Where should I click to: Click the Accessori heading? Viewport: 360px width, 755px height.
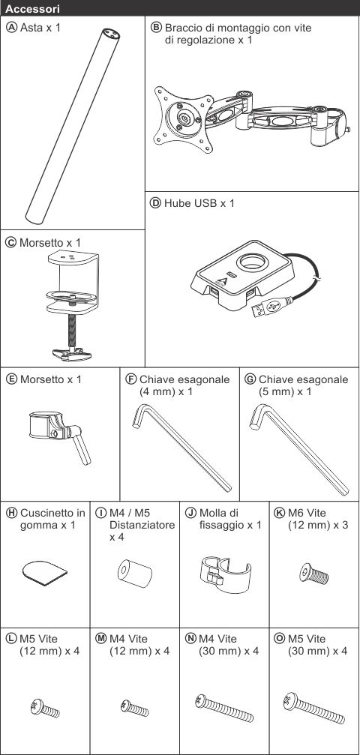coord(32,9)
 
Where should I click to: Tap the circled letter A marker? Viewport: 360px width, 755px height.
coord(13,27)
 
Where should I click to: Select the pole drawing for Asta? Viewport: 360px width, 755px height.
coord(71,126)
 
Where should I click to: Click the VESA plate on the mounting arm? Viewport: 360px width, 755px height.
coord(184,118)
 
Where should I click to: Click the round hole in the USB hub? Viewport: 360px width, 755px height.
coord(252,262)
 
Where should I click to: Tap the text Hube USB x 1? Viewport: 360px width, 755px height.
coord(199,203)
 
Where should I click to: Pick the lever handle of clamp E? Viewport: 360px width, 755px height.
coord(80,445)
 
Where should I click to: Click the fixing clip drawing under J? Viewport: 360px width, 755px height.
coord(224,573)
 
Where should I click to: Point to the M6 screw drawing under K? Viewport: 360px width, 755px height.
coord(313,573)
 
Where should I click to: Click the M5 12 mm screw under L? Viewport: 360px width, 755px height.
coord(45,709)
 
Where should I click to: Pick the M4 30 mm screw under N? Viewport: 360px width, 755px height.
coord(224,709)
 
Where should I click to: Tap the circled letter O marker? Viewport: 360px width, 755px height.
coord(279,639)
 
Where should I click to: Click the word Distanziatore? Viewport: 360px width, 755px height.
coord(142,525)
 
